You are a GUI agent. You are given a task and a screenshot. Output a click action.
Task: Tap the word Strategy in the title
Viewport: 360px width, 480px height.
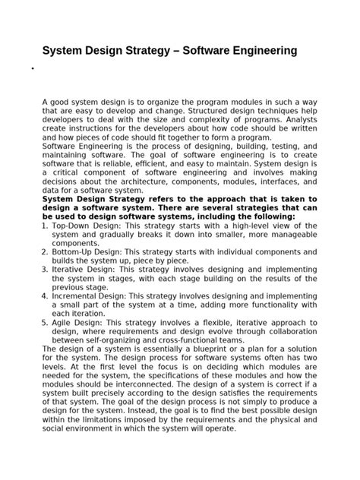152,51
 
